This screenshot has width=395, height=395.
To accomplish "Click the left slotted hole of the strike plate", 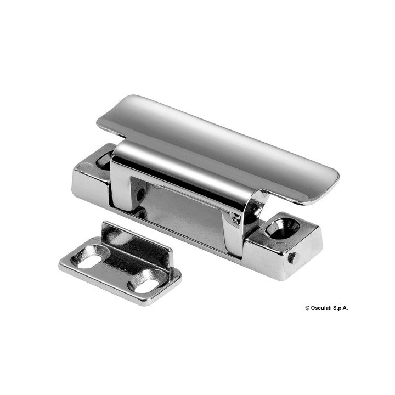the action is click(90, 256).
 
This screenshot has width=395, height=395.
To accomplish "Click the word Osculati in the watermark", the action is click(321, 308).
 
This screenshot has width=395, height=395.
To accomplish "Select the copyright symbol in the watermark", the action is click(307, 308).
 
